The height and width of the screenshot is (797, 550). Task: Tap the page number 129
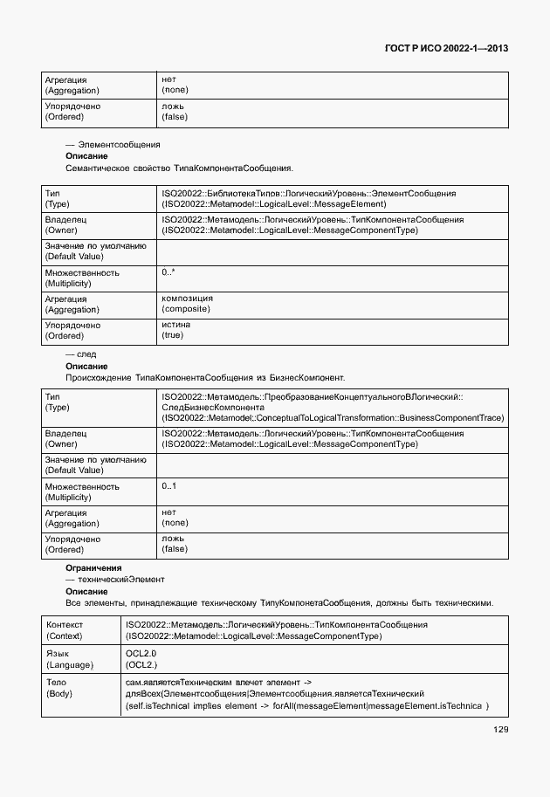click(x=500, y=730)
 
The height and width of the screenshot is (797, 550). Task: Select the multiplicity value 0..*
click(x=168, y=273)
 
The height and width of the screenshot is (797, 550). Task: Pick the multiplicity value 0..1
click(x=169, y=486)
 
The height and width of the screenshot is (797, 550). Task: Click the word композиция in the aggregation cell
click(x=187, y=299)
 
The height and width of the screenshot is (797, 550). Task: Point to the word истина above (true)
click(x=175, y=325)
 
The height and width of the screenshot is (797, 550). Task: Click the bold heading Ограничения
click(x=93, y=568)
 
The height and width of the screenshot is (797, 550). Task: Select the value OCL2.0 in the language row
click(x=141, y=653)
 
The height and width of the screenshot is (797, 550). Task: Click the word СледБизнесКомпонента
click(x=212, y=407)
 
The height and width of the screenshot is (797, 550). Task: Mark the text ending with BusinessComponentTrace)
click(x=333, y=418)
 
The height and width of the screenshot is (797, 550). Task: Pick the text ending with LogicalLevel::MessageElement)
click(x=273, y=203)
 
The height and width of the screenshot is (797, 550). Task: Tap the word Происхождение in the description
click(x=100, y=378)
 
